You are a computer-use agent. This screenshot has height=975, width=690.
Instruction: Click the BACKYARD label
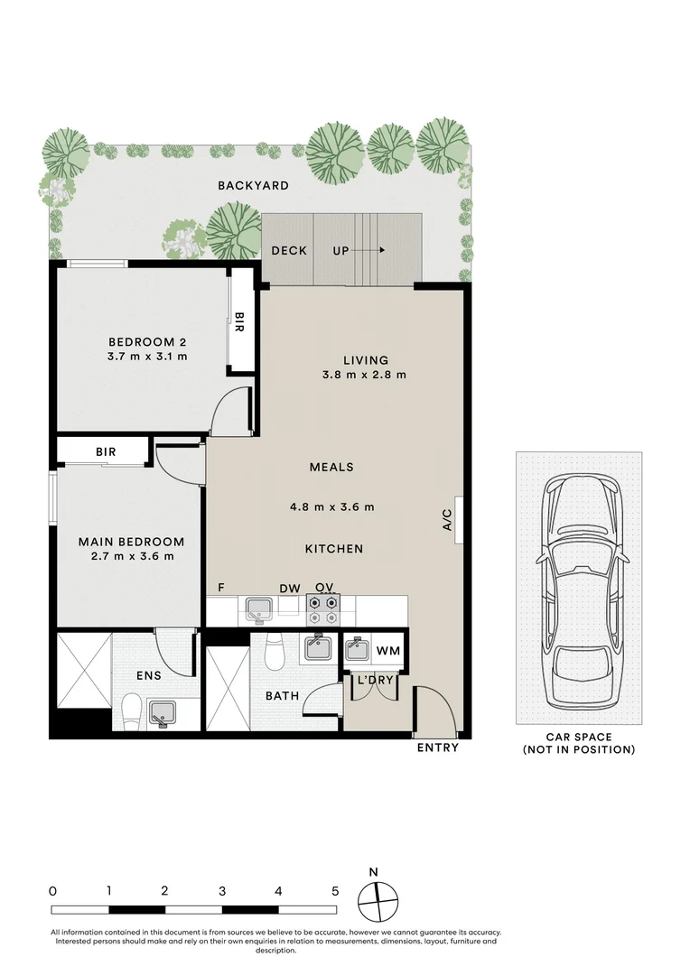(x=253, y=186)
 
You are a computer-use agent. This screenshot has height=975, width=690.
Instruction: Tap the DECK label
(x=289, y=251)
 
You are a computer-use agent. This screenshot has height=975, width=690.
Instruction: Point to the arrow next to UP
(x=374, y=251)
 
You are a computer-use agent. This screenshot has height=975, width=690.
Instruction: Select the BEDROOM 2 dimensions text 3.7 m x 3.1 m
(x=147, y=357)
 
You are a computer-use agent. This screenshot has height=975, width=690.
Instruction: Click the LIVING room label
(x=366, y=360)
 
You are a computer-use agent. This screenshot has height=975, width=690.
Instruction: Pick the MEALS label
(x=331, y=468)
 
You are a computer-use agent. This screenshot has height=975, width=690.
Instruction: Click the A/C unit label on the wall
(x=447, y=521)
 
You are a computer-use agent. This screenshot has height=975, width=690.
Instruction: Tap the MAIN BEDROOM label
(x=131, y=542)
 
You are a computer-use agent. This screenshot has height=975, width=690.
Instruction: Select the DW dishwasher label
(x=289, y=589)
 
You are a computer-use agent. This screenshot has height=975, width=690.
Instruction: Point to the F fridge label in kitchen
(x=220, y=589)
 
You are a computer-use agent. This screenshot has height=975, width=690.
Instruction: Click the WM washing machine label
(x=387, y=651)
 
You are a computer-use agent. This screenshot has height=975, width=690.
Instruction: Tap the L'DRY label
(x=374, y=681)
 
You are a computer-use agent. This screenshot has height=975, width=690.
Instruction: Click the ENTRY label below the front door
(x=437, y=747)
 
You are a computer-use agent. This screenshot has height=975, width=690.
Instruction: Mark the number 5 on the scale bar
(x=335, y=890)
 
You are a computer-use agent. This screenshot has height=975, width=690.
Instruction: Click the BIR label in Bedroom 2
(x=238, y=322)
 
